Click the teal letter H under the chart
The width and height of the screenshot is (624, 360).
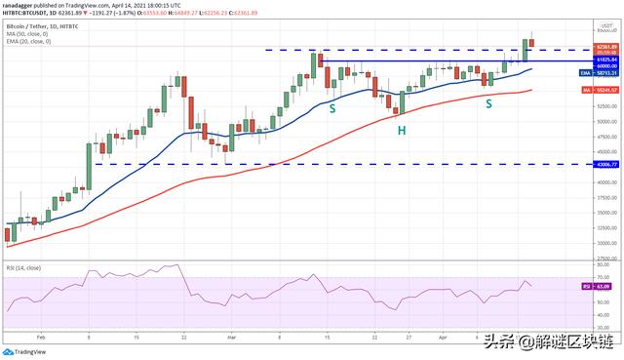401,129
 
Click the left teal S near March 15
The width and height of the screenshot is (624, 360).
332,108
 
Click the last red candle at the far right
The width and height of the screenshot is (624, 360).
531,43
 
